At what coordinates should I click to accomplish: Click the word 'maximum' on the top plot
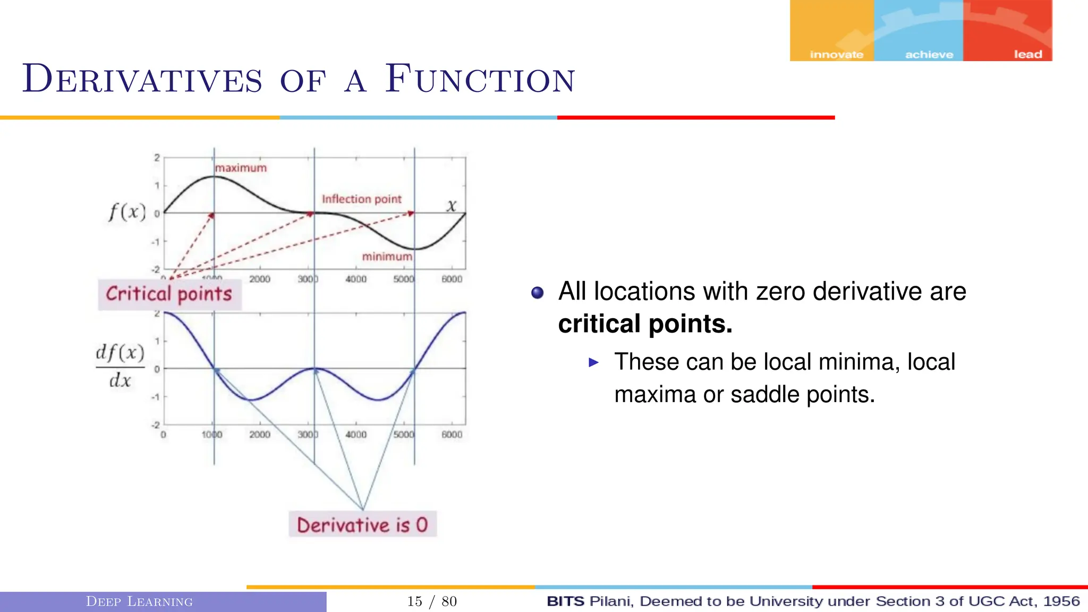click(241, 168)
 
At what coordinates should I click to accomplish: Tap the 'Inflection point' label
click(361, 199)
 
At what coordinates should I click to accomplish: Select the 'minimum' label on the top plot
click(387, 257)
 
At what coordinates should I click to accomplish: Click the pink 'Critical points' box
click(169, 294)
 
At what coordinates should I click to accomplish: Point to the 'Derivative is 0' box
click(362, 525)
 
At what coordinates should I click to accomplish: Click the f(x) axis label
click(127, 212)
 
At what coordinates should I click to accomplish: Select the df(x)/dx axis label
click(120, 366)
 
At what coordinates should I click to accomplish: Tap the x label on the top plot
click(451, 206)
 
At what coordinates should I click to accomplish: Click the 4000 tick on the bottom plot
click(356, 435)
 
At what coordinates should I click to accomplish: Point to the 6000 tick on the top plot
click(452, 279)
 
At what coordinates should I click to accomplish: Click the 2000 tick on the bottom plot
click(260, 435)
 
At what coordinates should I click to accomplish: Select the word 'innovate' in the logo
click(836, 54)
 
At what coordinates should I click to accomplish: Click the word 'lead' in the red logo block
click(1027, 54)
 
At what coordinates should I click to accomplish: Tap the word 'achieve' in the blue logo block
click(929, 54)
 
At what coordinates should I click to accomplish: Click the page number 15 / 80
click(432, 601)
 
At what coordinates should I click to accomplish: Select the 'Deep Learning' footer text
click(139, 601)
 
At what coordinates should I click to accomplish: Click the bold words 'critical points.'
click(645, 324)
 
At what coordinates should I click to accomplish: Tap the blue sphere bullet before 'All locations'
click(538, 293)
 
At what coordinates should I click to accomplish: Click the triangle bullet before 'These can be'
click(594, 363)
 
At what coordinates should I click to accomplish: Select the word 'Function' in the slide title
click(480, 80)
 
